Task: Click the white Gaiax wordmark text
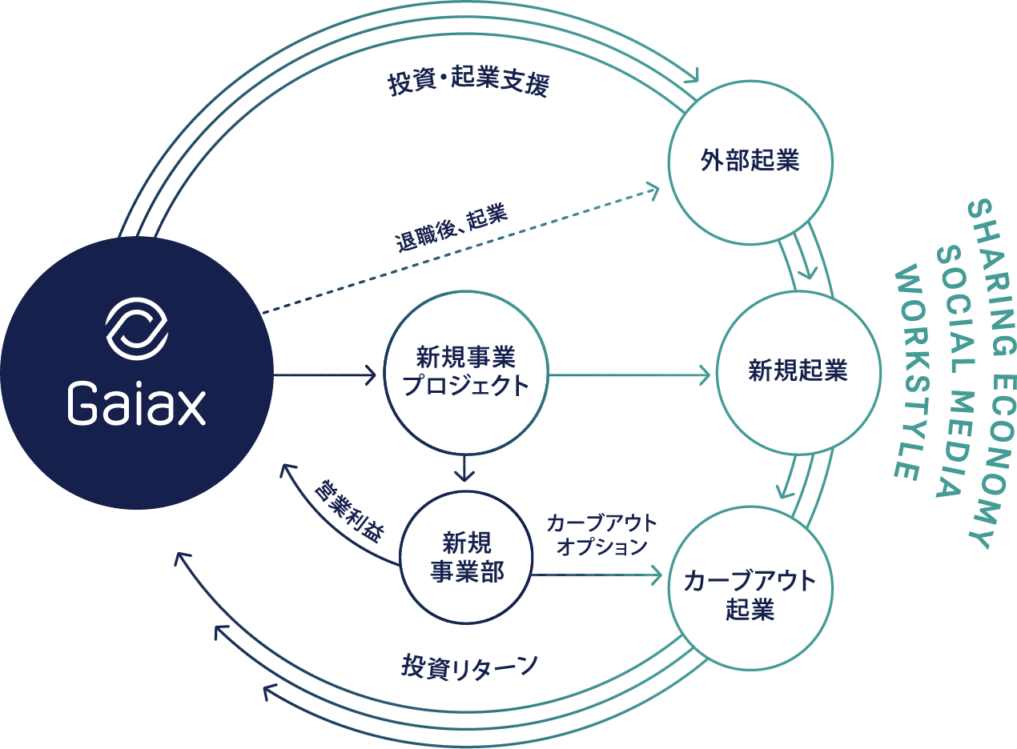coord(137,404)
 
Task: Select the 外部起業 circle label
coord(750,161)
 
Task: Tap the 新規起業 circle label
coord(798,370)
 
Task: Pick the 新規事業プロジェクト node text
coord(466,370)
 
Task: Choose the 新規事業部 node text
coord(467,557)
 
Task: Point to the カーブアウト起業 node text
coord(750,595)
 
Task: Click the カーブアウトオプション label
coord(602,535)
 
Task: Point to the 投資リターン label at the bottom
coord(469,667)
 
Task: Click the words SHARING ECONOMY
coord(992,374)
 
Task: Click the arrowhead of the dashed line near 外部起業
coord(653,190)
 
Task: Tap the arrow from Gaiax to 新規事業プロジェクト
coord(325,375)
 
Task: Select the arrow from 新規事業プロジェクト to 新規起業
coord(629,375)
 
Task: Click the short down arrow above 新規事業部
coord(464,468)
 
